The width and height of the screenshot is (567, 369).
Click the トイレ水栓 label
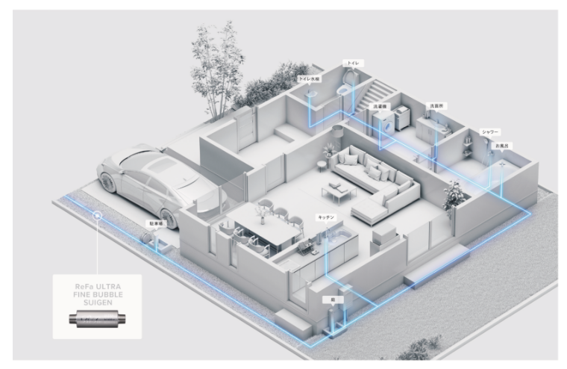pos(308,78)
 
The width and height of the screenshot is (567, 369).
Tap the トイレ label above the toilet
pos(351,63)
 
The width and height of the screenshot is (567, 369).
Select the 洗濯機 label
pos(380,106)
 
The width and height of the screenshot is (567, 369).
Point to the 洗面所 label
pos(435,106)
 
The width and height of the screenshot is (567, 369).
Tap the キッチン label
pos(326,217)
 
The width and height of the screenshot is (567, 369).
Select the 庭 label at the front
pos(332,298)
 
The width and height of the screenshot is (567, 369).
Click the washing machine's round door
pos(387,128)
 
